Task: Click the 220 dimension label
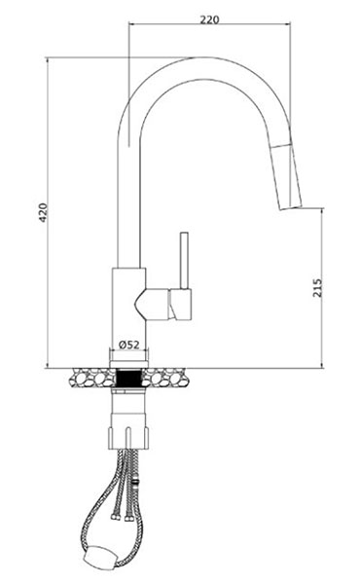[x=209, y=19]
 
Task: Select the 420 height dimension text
[x=44, y=212]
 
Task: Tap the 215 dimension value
[x=317, y=287]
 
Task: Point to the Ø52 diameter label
[x=128, y=345]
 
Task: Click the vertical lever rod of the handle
[x=184, y=260]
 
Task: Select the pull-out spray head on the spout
[x=288, y=176]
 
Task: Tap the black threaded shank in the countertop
[x=128, y=378]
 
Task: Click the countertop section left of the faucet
[x=93, y=378]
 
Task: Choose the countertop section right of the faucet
[x=164, y=378]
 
